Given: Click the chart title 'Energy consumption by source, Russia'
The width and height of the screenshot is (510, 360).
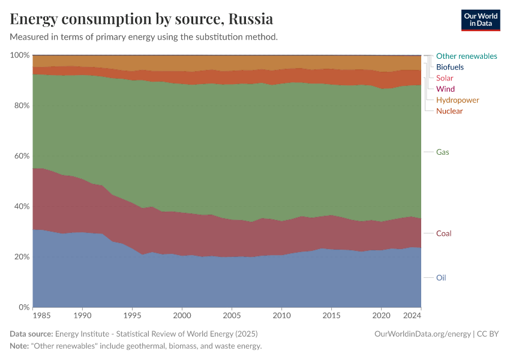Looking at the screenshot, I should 142,19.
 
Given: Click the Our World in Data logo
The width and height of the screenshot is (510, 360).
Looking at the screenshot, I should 480,20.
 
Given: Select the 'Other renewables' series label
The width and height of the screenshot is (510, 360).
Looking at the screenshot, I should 466,56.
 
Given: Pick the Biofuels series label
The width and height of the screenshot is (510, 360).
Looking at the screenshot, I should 450,67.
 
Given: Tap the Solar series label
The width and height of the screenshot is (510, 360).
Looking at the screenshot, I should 445,78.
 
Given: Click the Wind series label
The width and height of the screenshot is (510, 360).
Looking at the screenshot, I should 445,89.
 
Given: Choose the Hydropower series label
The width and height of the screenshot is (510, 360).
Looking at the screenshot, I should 457,100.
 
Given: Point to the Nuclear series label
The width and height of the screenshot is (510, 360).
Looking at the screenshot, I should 449,111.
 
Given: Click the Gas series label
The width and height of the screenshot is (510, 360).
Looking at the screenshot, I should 443,152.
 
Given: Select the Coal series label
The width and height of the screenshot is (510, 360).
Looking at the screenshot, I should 444,233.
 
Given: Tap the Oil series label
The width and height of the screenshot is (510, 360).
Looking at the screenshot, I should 441,278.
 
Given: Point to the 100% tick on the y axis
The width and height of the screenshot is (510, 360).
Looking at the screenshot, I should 20,55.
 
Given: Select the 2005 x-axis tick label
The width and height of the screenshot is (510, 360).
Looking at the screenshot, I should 232,315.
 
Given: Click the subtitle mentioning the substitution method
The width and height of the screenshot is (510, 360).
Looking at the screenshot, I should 143,37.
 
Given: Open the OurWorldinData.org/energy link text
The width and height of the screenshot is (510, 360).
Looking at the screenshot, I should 422,334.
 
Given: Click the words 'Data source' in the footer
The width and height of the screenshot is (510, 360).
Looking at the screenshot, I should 31,334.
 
